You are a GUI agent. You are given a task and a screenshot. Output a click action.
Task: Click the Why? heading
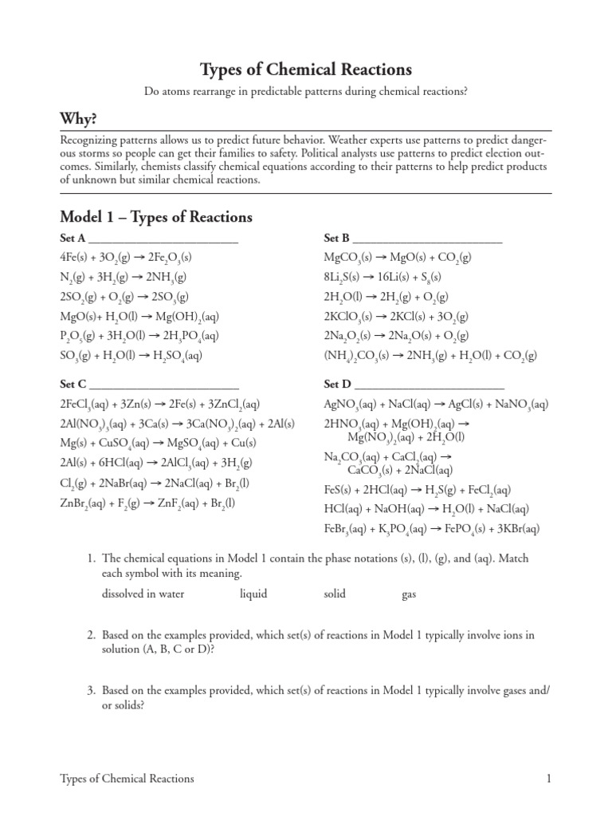coord(79,119)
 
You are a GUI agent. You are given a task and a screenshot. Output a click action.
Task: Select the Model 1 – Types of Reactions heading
coord(156,217)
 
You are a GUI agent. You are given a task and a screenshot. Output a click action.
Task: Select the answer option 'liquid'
coord(253,594)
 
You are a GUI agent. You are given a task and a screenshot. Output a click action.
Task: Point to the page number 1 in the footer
coord(549,778)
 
